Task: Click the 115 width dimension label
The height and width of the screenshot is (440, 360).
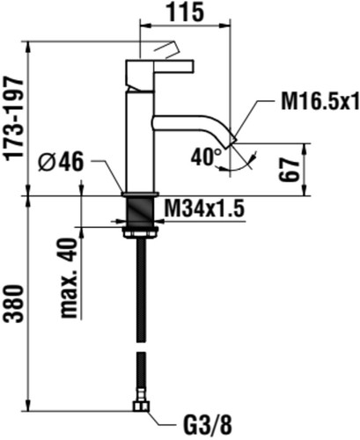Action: (x=185, y=11)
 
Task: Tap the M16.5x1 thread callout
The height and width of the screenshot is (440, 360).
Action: (x=320, y=101)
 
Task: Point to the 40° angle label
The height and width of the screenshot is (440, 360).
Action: (x=206, y=157)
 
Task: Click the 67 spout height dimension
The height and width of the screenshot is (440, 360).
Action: (x=289, y=171)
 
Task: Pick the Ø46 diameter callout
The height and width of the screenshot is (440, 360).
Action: (x=61, y=162)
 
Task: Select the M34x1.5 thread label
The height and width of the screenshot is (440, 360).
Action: (x=204, y=209)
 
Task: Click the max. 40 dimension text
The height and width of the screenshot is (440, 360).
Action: (x=69, y=278)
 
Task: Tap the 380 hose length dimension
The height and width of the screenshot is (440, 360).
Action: (x=15, y=304)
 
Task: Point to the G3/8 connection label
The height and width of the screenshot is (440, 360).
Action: (x=208, y=426)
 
